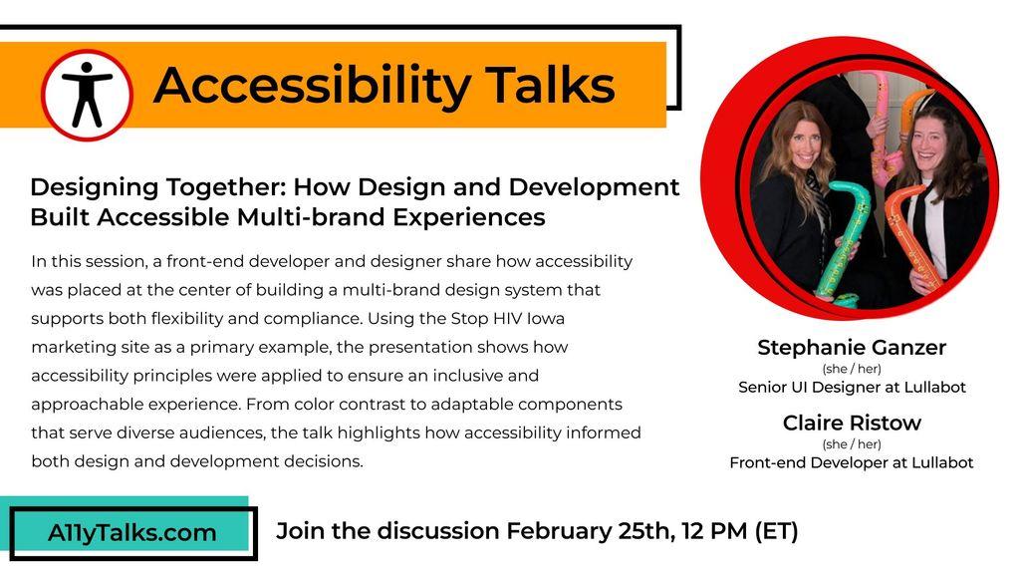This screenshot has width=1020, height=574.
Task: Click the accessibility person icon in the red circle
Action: [88, 95]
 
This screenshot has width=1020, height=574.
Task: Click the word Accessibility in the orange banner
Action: [312, 86]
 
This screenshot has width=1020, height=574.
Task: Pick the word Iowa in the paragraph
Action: [545, 318]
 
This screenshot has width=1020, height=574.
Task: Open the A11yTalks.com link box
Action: [133, 533]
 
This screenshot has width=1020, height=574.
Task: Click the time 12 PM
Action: [714, 531]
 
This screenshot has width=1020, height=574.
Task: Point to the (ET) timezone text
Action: [776, 531]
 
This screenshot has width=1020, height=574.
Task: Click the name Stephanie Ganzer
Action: [852, 348]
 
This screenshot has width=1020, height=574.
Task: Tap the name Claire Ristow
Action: [852, 423]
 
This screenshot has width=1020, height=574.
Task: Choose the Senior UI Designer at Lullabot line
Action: [852, 388]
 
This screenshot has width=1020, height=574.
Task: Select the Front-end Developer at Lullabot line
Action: [852, 462]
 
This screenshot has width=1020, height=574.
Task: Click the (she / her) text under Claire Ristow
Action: [852, 444]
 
